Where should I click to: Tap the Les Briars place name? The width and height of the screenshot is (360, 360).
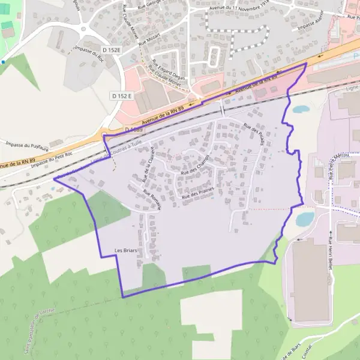click(x=127, y=250)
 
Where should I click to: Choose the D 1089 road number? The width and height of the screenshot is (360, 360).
click(x=136, y=130)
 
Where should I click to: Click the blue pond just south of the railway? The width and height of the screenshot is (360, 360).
click(x=300, y=109)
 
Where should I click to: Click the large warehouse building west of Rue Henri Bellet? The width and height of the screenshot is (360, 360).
click(x=310, y=279)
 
